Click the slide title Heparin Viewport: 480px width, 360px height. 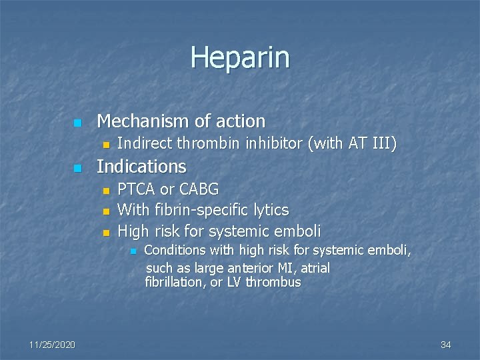pyautogui.click(x=240, y=57)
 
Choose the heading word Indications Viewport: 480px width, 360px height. pyautogui.click(x=141, y=165)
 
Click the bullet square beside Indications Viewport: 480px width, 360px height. pyautogui.click(x=77, y=167)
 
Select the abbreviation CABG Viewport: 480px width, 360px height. pyautogui.click(x=197, y=189)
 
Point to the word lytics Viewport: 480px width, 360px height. pyautogui.click(x=271, y=211)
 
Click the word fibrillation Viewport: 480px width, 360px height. pyautogui.click(x=174, y=282)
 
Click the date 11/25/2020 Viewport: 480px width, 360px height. pyautogui.click(x=52, y=344)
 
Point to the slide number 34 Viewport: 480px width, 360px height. pyautogui.click(x=446, y=344)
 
